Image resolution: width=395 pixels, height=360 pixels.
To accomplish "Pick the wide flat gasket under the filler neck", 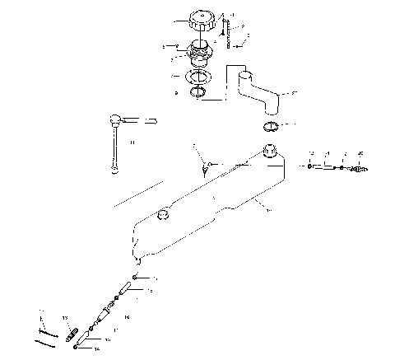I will tap(197, 77).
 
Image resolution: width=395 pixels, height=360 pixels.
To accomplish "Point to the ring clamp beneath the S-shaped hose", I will tap(271, 127).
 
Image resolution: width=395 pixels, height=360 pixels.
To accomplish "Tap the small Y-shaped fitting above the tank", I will tap(206, 167).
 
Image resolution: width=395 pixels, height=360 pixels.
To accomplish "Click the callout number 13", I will tap(65, 318).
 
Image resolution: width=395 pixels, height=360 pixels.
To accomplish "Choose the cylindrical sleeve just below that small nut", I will tap(123, 292).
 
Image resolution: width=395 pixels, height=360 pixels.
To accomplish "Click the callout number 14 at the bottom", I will tap(97, 349).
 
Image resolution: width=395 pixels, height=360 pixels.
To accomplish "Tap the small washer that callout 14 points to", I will tap(77, 347).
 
